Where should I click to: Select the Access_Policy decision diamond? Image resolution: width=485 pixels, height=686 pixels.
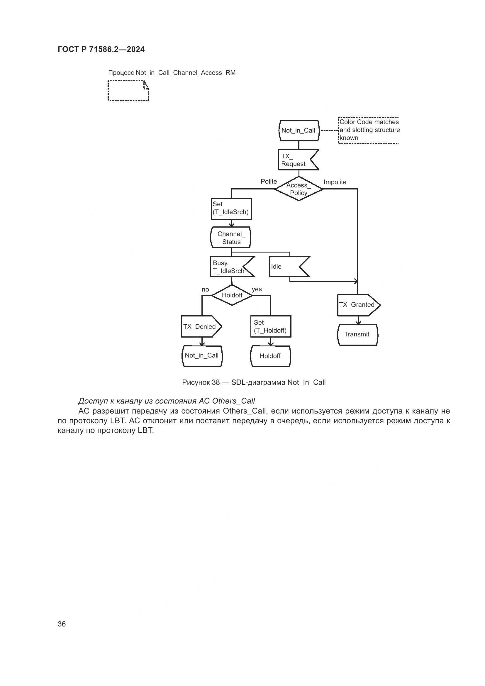(x=298, y=189)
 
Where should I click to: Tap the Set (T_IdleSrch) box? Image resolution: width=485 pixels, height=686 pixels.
(x=231, y=209)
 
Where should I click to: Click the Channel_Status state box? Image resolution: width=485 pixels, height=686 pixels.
(x=231, y=238)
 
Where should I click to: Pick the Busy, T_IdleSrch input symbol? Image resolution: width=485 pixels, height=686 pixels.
(x=229, y=267)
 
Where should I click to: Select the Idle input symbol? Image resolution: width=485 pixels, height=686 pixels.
(x=285, y=267)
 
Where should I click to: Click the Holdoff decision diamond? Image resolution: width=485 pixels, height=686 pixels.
(x=232, y=295)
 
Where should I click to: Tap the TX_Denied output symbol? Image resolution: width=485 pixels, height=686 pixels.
(x=200, y=326)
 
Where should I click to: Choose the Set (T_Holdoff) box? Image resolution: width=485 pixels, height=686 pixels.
(x=271, y=326)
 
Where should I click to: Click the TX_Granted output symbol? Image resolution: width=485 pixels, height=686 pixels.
(x=357, y=305)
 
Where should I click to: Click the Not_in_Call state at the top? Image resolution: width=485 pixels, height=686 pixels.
(x=298, y=131)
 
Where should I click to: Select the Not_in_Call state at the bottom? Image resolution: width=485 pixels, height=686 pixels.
(x=202, y=355)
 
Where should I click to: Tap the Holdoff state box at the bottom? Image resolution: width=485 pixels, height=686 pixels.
(x=270, y=356)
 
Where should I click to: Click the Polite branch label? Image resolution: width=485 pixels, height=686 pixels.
(x=269, y=181)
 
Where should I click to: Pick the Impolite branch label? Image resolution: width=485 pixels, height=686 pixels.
(x=335, y=182)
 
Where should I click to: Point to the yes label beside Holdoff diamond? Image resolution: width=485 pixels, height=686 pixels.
(x=257, y=289)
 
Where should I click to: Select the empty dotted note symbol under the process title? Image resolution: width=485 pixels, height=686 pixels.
(x=128, y=91)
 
